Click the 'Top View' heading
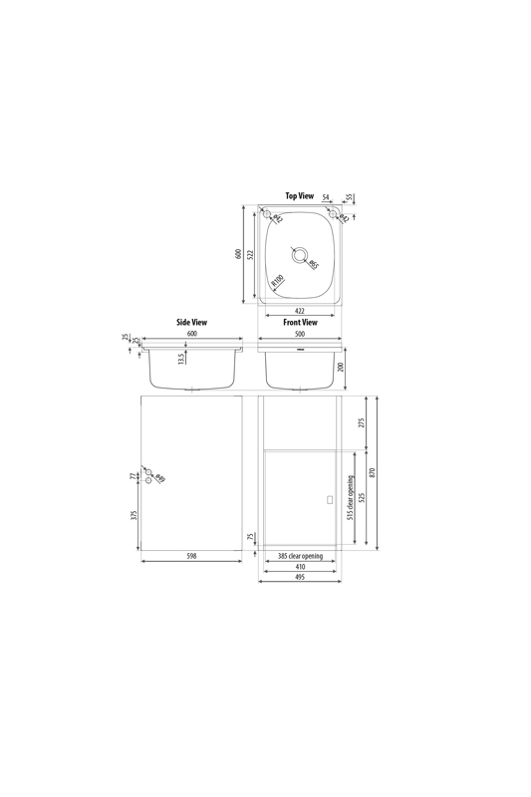(299, 196)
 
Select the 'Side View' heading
(191, 323)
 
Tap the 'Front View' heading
(300, 323)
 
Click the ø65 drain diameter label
(313, 264)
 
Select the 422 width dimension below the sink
(300, 312)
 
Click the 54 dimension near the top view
(326, 197)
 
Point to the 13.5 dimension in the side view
(180, 359)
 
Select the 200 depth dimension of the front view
(341, 367)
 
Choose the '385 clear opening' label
(300, 556)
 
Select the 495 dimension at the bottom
(300, 577)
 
